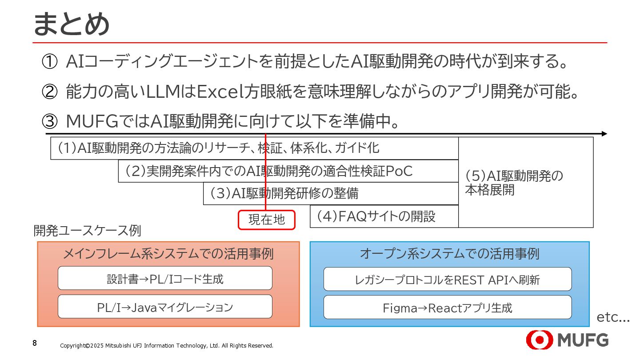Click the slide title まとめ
point(71,24)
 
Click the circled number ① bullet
point(49,62)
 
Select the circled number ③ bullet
point(49,121)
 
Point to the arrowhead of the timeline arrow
point(604,133)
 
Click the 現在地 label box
point(267,220)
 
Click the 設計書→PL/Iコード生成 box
point(165,279)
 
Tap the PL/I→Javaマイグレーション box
point(165,307)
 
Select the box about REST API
point(448,280)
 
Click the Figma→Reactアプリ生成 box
point(448,308)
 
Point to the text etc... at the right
point(613,317)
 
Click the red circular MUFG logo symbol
point(539,340)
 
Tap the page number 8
point(35,344)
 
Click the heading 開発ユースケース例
point(87,231)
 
